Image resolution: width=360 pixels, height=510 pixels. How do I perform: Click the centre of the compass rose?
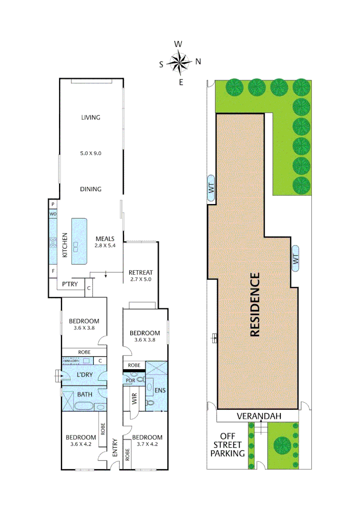[x=179, y=62]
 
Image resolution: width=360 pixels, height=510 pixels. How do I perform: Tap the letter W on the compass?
[x=178, y=44]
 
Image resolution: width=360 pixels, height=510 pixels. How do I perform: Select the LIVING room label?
[x=91, y=117]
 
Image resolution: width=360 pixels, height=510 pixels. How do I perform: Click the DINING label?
[x=91, y=189]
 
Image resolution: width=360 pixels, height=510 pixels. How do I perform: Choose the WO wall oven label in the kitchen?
[x=53, y=214]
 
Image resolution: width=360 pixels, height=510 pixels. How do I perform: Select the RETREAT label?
[x=141, y=272]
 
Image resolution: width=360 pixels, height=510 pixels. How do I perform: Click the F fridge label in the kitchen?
[x=53, y=272]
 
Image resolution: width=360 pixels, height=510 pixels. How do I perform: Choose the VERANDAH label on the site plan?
[x=259, y=416]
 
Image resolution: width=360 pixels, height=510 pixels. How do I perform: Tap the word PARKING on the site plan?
[x=228, y=453]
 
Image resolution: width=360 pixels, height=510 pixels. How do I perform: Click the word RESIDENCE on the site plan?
[x=255, y=305]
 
